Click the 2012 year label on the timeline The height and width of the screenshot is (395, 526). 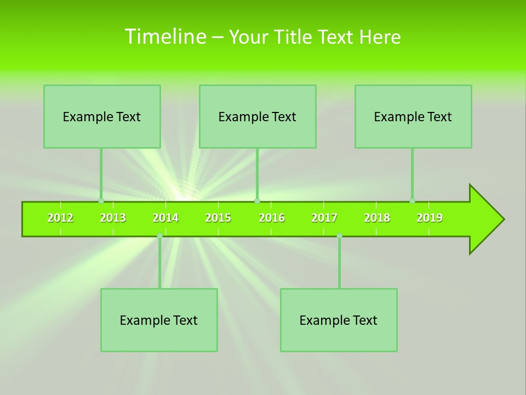point(60,218)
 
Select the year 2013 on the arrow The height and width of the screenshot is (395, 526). point(113,218)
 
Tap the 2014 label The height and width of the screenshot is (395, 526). point(165,218)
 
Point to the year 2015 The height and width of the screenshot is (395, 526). point(218,218)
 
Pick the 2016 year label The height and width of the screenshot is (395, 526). point(272,218)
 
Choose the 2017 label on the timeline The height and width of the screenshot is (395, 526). point(324,218)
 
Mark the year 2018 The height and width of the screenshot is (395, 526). point(377,218)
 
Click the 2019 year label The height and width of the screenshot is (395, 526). point(430,218)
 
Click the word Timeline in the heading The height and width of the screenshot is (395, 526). point(163,37)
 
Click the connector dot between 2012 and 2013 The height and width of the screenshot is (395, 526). point(101,201)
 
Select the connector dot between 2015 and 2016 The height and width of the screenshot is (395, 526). point(257,201)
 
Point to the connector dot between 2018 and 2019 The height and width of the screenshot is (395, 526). point(413,201)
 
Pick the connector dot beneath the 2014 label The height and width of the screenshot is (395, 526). point(159,236)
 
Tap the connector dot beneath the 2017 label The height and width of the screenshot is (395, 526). point(339,236)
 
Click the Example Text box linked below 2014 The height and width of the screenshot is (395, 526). point(159,320)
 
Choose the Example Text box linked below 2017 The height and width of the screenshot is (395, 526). point(339,320)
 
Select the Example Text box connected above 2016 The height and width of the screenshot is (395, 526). point(258,116)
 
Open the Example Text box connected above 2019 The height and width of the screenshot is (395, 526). point(413,116)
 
